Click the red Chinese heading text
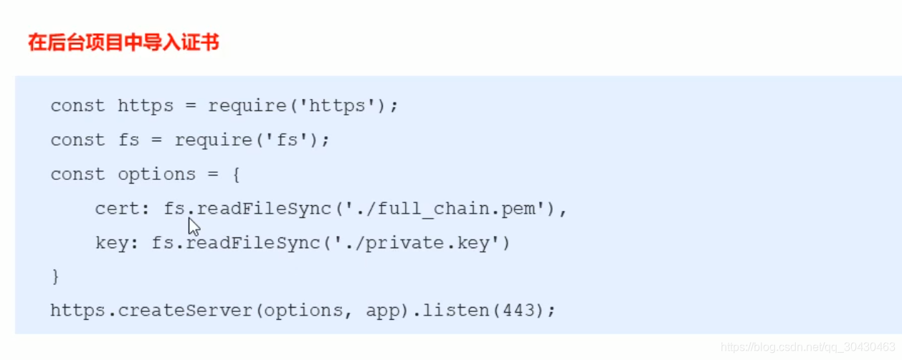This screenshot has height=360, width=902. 123,43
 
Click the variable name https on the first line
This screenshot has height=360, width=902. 146,106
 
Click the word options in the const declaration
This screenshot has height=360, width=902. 156,174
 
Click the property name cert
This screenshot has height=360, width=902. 117,209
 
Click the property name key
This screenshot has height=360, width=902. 112,243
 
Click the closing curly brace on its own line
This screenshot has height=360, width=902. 55,277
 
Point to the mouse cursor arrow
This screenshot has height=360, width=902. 193,227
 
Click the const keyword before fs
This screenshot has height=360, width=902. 77,140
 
